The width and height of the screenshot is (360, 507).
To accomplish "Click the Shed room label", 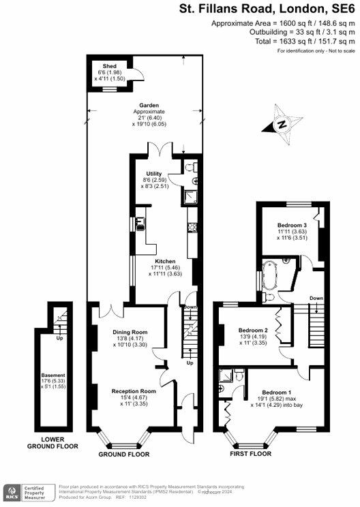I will coord(108,66).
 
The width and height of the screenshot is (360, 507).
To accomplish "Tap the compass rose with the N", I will coord(280,125).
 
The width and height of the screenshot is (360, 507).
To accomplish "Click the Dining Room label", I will coord(130,332).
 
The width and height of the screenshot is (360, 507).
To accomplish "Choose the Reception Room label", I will coord(134,391).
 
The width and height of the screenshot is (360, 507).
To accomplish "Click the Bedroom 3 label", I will coord(292,225).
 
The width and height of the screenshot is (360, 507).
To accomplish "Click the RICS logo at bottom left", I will coord(12,491).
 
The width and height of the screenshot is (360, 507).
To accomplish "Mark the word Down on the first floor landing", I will coord(316,298).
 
